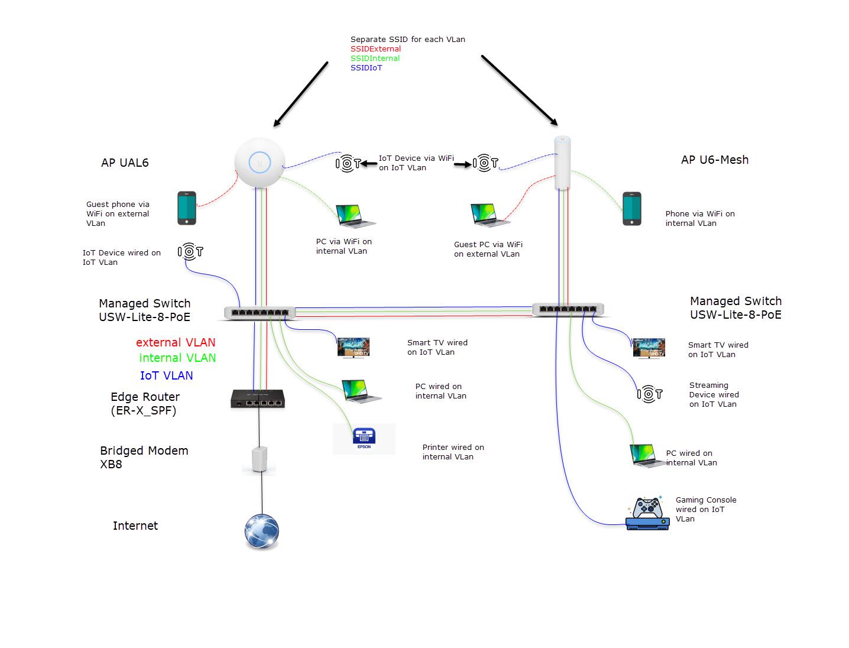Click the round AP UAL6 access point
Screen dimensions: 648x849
coord(260,162)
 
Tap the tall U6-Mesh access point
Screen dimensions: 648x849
coord(562,163)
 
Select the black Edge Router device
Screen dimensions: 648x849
coord(257,399)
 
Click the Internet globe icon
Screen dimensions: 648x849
coord(261,530)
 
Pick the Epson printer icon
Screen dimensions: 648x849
coord(364,439)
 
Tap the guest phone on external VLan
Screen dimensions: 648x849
coord(187,208)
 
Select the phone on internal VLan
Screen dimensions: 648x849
coord(631,209)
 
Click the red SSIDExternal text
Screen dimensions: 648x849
coord(375,49)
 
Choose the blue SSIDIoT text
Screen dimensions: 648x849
coord(366,68)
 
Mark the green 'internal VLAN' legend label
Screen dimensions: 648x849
coord(177,358)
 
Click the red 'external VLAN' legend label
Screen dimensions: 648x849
coord(176,342)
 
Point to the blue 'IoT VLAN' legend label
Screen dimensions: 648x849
coord(166,375)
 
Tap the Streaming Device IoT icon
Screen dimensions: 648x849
coord(649,394)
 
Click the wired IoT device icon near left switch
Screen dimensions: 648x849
coord(190,252)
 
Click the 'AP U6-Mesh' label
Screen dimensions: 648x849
coord(714,160)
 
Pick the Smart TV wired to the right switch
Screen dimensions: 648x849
coord(649,348)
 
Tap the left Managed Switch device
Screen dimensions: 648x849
coord(260,313)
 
